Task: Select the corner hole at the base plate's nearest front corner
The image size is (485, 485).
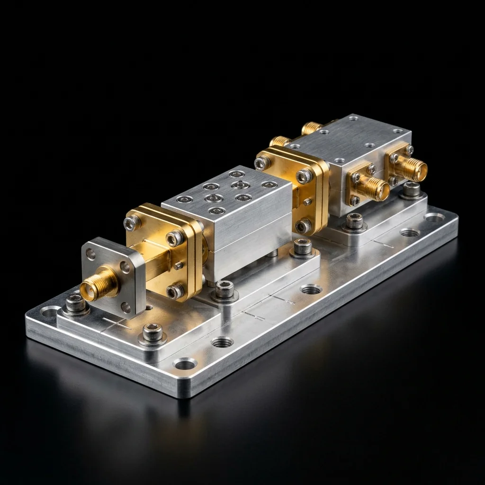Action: (x=184, y=364)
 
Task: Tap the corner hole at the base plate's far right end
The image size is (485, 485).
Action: (x=433, y=218)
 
